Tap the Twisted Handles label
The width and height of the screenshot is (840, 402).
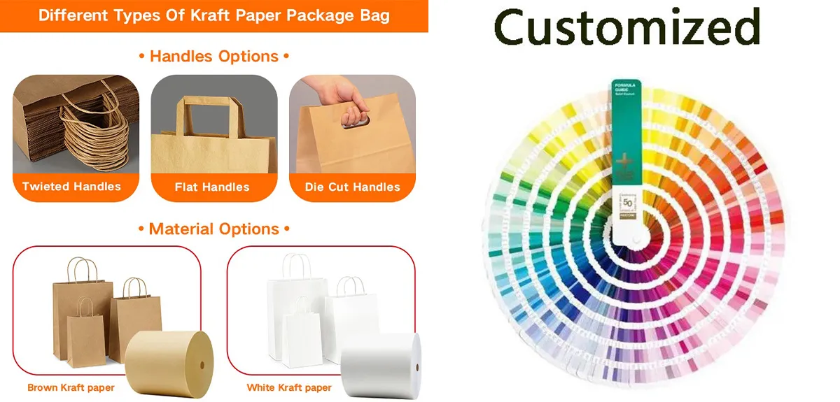(x=71, y=187)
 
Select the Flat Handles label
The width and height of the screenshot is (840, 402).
(x=212, y=187)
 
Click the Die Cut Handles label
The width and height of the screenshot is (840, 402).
(x=352, y=187)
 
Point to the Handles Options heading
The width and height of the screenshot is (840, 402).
(x=213, y=56)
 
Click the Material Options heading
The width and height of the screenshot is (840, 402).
(x=213, y=229)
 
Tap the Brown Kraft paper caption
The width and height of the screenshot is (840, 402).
(x=71, y=387)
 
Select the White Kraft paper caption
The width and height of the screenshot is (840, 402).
(x=289, y=387)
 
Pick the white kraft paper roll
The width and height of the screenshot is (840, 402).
(x=381, y=360)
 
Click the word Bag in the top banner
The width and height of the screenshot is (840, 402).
(x=375, y=15)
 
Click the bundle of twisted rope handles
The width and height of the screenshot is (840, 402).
(x=94, y=133)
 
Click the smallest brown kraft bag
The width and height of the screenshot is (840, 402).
(x=85, y=332)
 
